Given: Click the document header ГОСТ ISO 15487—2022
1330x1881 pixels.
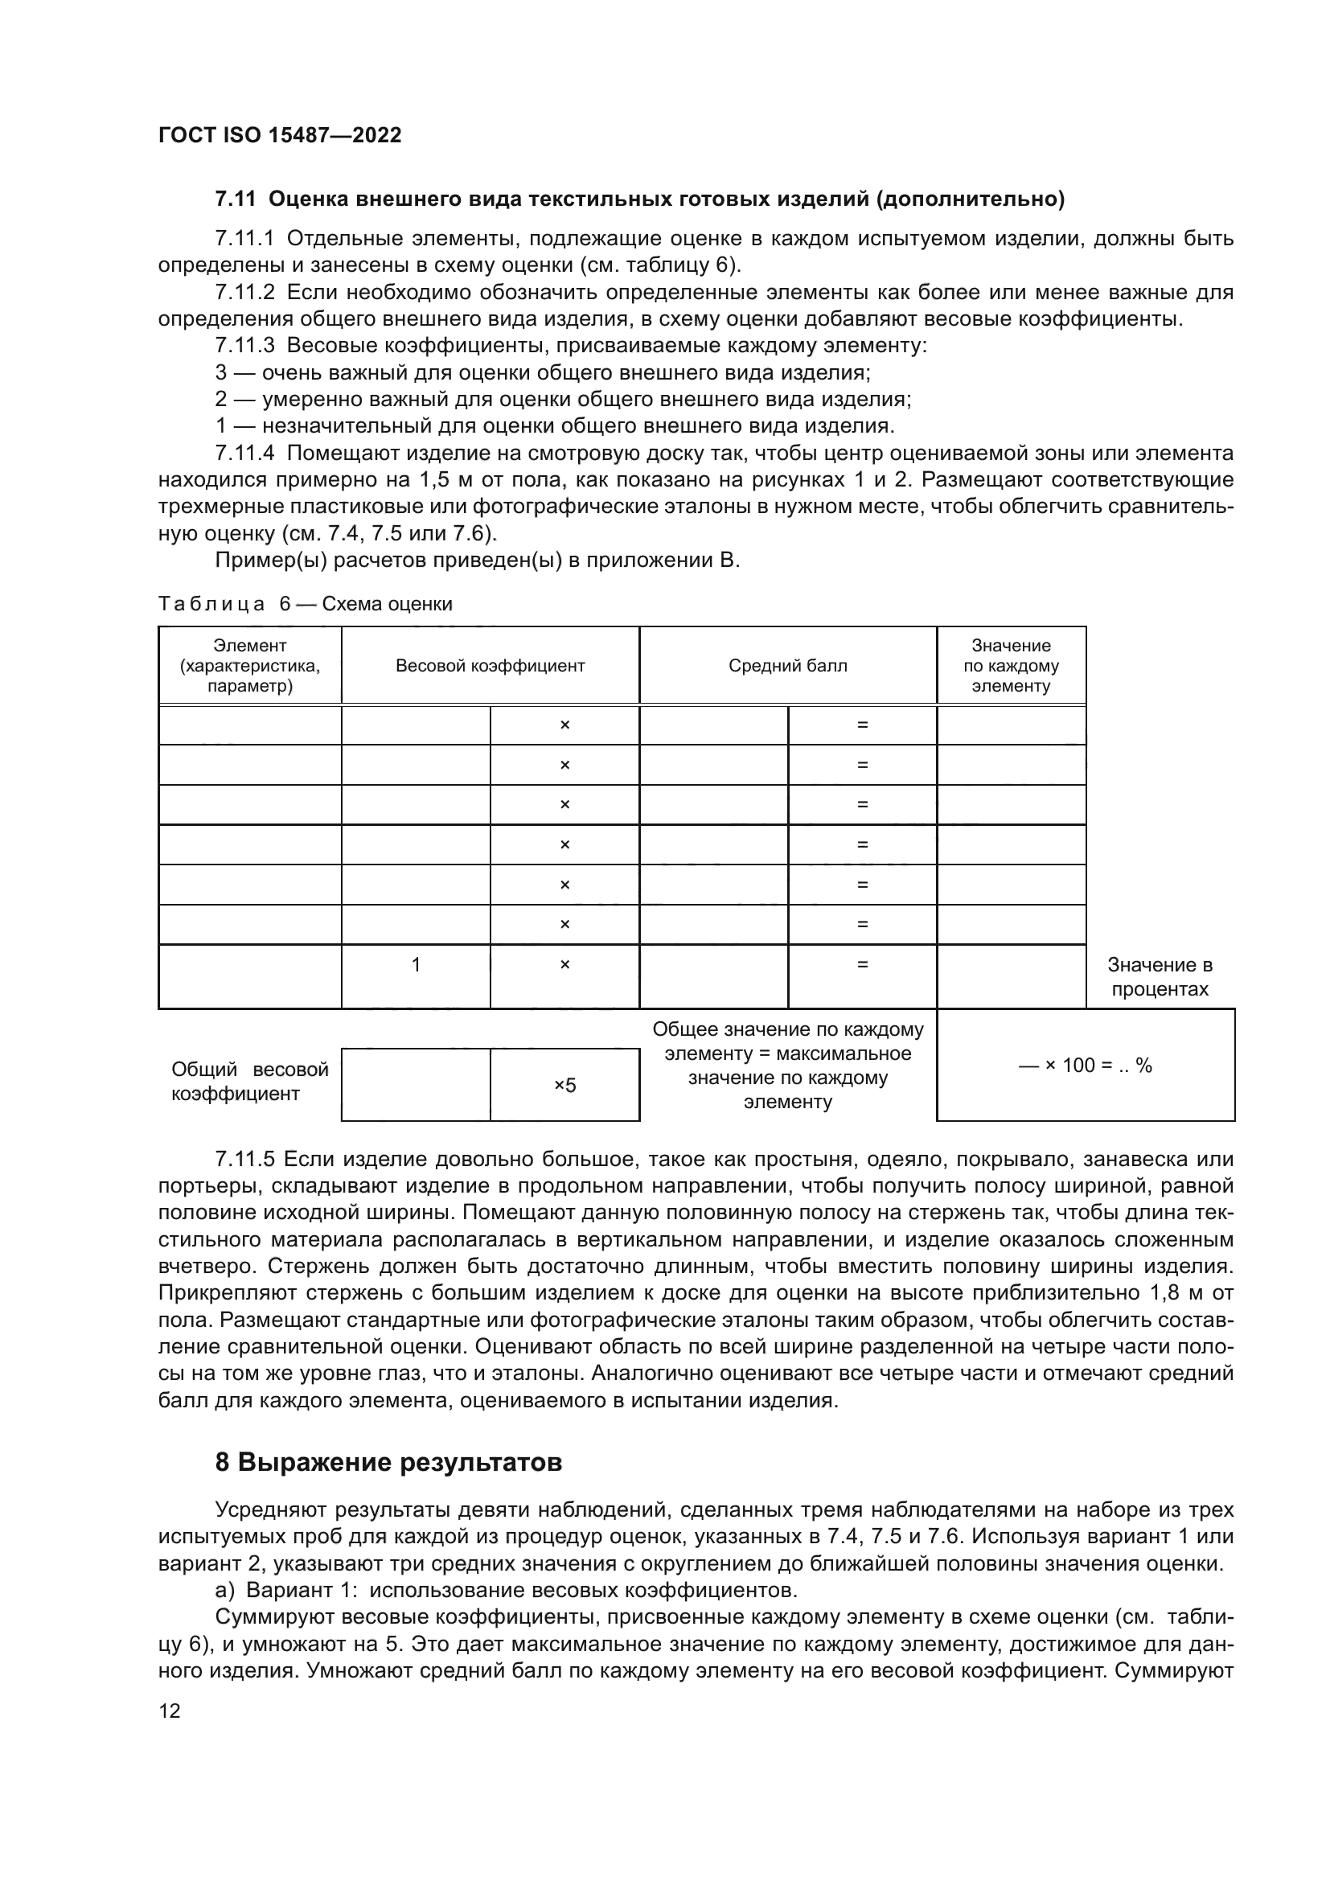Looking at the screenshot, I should pyautogui.click(x=279, y=135).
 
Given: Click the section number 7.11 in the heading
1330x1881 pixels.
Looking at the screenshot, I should pyautogui.click(x=235, y=199).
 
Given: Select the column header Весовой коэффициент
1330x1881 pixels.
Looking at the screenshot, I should pyautogui.click(x=490, y=665).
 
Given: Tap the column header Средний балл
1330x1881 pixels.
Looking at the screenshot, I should pyautogui.click(x=787, y=665).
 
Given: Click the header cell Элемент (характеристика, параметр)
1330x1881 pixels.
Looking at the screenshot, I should pyautogui.click(x=250, y=665).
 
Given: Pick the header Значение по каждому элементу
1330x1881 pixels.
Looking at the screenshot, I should pyautogui.click(x=1011, y=665).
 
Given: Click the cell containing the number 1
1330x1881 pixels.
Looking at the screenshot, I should pyautogui.click(x=415, y=965).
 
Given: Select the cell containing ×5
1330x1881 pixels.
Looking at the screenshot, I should pyautogui.click(x=564, y=1086).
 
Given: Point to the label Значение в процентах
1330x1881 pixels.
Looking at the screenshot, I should pyautogui.click(x=1160, y=976).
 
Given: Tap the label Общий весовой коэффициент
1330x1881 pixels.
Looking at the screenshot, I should pyautogui.click(x=249, y=1082).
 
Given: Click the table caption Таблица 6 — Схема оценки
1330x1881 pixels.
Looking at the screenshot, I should pyautogui.click(x=305, y=604).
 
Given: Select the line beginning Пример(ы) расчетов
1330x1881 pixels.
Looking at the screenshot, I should pyautogui.click(x=477, y=561).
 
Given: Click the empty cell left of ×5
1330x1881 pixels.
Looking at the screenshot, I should pyautogui.click(x=415, y=1086).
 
